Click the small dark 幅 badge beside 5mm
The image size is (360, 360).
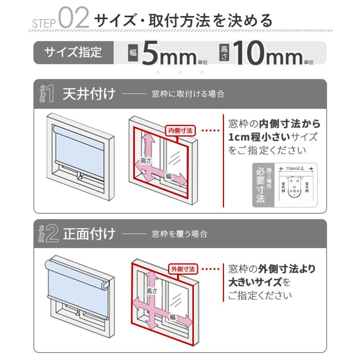[x=132, y=52]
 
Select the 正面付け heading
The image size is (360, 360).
[x=89, y=234]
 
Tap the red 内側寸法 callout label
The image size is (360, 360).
[x=180, y=130]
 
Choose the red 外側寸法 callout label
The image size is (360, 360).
[x=183, y=269]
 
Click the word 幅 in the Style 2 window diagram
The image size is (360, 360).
[x=173, y=317]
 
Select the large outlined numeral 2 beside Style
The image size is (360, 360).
[x=52, y=234]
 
